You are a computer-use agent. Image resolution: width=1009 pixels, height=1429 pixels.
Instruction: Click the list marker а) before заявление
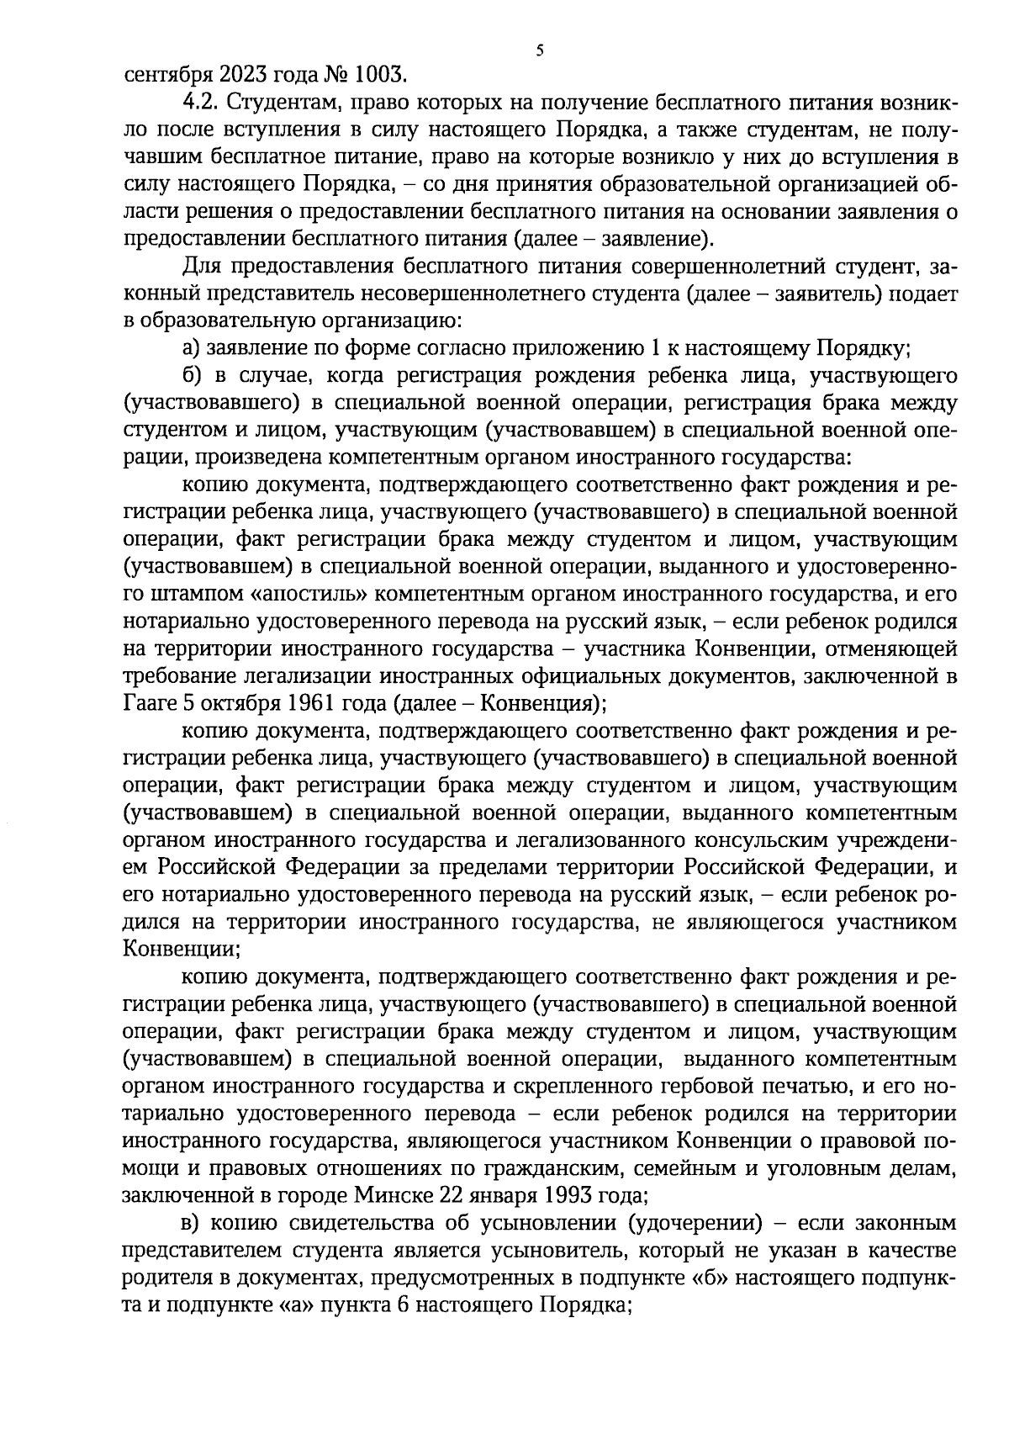pos(193,349)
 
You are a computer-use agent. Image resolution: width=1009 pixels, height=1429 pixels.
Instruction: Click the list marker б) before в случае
pos(193,376)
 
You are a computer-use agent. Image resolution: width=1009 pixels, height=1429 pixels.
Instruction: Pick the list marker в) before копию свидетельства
pos(193,1223)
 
